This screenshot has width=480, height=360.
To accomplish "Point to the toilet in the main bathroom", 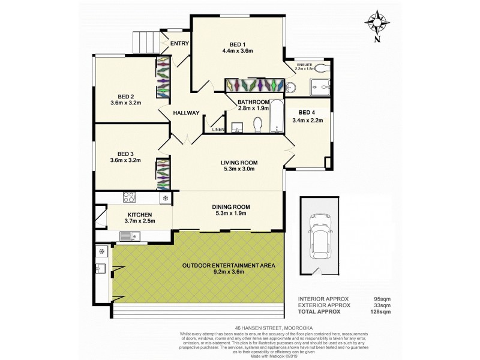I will point(259,125).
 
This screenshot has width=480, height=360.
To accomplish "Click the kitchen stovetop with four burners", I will point(130,197).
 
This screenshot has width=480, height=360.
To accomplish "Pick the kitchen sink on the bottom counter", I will point(129,237).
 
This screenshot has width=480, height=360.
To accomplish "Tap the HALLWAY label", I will point(186,113).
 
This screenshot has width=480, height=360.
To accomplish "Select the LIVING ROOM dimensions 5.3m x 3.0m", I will point(238,169).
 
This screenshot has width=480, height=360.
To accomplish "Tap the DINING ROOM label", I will point(231,207).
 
